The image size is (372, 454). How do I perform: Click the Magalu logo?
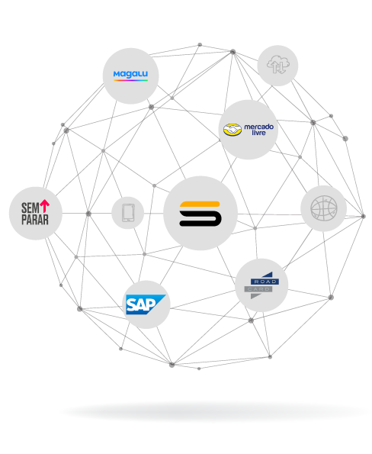pos(130,76)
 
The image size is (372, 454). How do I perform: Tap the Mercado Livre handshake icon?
pos(232,130)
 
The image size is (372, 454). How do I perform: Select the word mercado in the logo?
pos(259,127)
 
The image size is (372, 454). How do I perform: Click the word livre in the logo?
pos(258,133)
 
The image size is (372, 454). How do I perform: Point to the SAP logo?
pos(146,304)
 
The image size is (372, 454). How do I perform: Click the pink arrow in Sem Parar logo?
pos(44,205)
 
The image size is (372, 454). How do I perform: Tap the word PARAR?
pos(35,220)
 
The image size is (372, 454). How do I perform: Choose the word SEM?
pos(30,208)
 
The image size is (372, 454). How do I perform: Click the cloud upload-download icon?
pos(278,65)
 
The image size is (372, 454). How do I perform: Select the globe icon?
pos(324,208)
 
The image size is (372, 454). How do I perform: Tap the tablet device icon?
pos(128,213)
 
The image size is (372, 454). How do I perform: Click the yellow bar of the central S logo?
pos(200,204)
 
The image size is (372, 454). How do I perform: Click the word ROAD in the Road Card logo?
pos(265,282)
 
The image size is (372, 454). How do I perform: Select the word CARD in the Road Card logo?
pos(258,289)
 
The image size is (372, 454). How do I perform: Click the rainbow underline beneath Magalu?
pos(130,80)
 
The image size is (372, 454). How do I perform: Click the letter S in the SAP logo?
pos(132,304)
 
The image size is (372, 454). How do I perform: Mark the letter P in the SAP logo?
pos(151,304)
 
